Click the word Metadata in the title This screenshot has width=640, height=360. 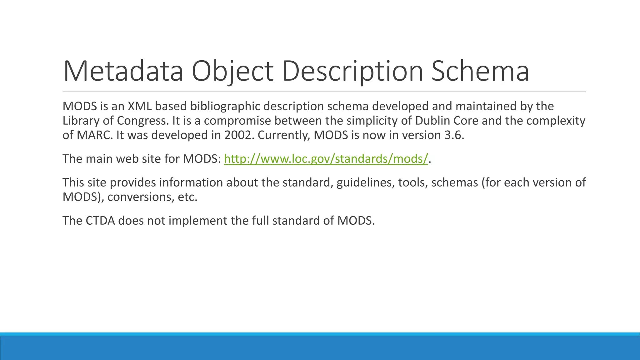pos(123,71)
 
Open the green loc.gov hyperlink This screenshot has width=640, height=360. pos(326,159)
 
